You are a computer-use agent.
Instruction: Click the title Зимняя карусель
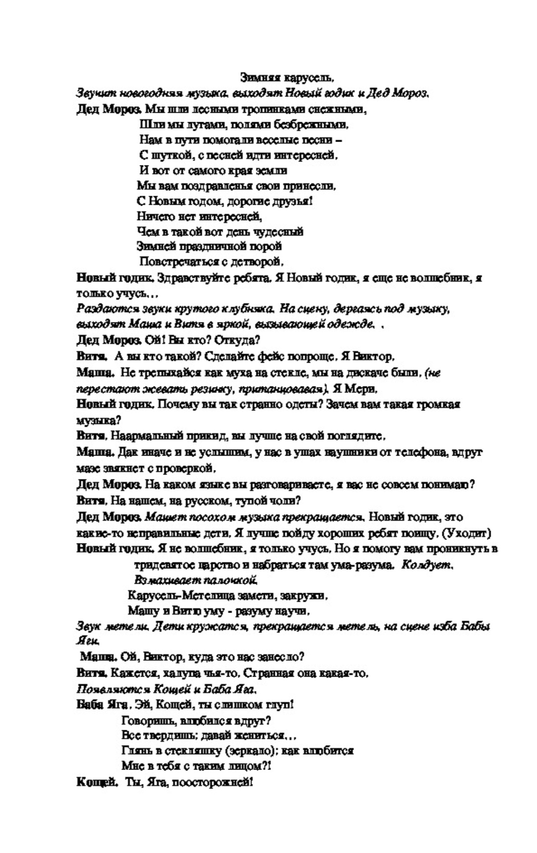pyautogui.click(x=287, y=78)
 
